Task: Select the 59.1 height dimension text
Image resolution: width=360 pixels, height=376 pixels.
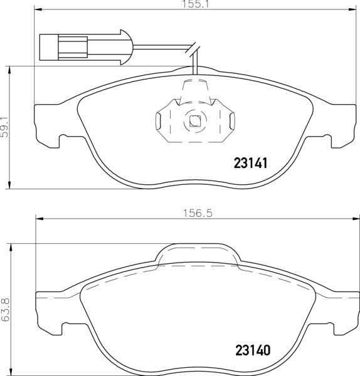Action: click(5, 125)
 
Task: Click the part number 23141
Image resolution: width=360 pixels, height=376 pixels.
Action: click(251, 164)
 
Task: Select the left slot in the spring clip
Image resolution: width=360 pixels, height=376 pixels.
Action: click(160, 118)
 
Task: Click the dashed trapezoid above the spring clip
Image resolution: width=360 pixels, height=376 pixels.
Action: click(194, 90)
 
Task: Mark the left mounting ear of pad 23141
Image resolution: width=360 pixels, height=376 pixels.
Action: click(47, 125)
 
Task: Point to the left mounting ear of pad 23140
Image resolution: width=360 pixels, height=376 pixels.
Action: click(49, 313)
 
